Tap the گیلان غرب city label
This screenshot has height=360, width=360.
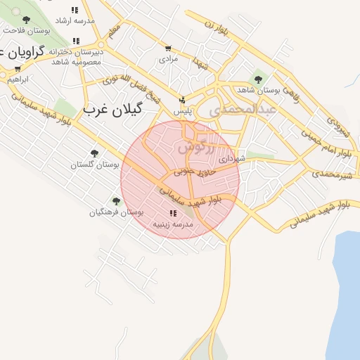click(112, 109)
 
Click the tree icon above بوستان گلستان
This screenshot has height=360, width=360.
click(95, 153)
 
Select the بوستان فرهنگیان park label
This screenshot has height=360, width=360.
click(117, 212)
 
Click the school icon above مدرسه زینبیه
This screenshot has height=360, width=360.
click(173, 213)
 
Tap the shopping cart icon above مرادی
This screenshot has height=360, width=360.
click(167, 49)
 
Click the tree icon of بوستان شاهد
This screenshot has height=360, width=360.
click(258, 79)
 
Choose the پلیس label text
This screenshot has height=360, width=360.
click(182, 112)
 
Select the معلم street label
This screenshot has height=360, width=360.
click(114, 31)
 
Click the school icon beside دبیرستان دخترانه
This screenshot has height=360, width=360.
click(76, 41)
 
